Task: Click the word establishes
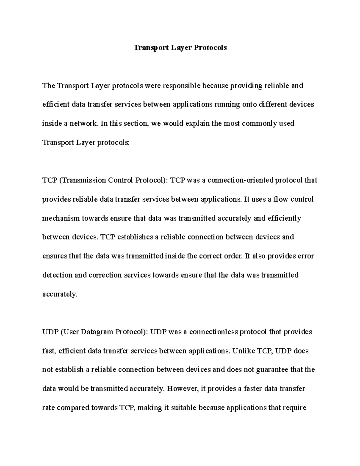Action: [x=135, y=237]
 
